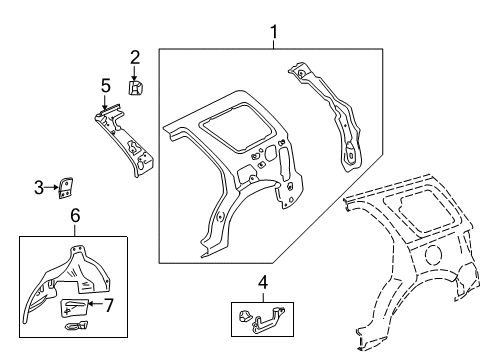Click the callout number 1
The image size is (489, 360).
tap(274, 32)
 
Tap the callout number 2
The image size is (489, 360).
tap(135, 57)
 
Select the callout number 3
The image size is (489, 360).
tap(39, 187)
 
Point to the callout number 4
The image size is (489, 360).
tap(263, 282)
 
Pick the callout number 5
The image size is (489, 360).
tap(106, 86)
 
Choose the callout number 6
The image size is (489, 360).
tap(75, 215)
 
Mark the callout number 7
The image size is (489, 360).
tap(109, 305)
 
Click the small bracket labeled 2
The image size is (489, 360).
tap(136, 87)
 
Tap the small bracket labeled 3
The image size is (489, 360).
tap(66, 188)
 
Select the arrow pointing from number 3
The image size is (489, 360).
tap(51, 187)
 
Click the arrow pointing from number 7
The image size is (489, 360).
tap(96, 303)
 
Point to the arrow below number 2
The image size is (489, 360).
tap(134, 73)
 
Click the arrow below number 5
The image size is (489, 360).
tap(105, 102)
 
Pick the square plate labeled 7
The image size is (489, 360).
tap(74, 307)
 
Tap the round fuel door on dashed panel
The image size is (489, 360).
tap(434, 255)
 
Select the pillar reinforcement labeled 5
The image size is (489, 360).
tap(125, 139)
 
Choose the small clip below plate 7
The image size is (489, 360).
tap(77, 325)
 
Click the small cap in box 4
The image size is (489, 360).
tap(245, 315)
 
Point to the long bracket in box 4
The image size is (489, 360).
tap(268, 321)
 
